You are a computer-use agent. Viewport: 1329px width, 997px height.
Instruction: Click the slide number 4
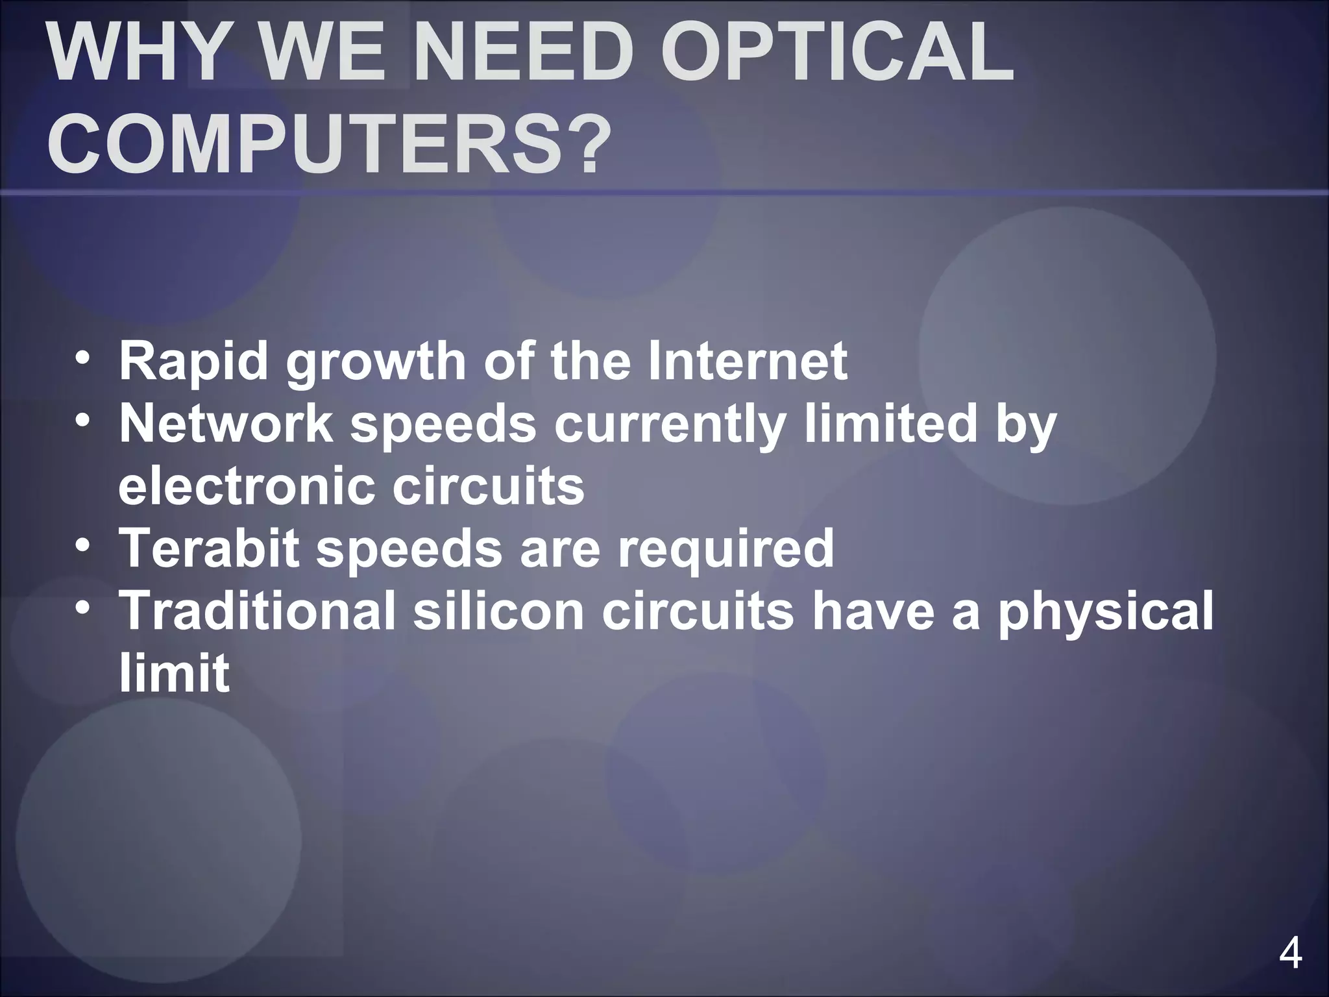(1290, 954)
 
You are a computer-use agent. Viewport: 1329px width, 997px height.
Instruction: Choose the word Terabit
(210, 548)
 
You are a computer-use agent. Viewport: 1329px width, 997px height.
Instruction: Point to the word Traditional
(257, 611)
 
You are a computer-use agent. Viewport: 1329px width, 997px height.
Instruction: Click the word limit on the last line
(174, 673)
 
